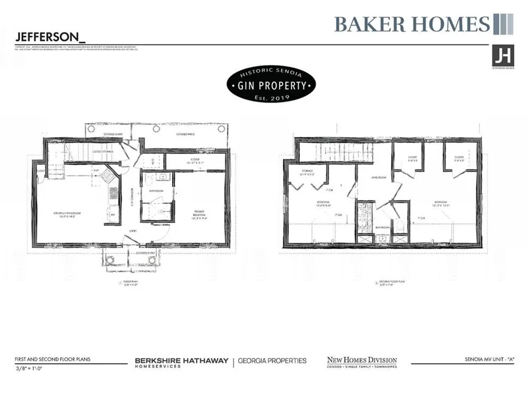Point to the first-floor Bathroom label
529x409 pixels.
(155, 190)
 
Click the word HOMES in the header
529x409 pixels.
(453, 24)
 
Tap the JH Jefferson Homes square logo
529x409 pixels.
(502, 55)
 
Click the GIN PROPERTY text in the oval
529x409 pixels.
(271, 85)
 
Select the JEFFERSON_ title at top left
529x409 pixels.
(50, 37)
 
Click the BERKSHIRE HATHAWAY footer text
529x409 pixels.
(181, 361)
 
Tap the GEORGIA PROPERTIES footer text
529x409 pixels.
(272, 361)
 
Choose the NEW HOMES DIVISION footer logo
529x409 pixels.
(362, 362)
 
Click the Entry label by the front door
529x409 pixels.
(132, 231)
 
